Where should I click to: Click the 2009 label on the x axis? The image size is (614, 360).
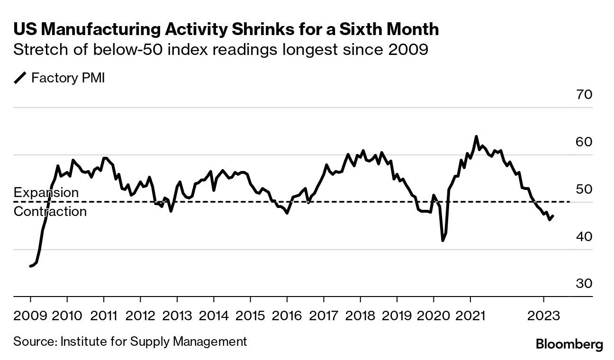point(30,315)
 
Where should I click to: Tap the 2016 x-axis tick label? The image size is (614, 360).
point(287,315)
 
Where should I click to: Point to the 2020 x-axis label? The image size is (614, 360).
point(433,315)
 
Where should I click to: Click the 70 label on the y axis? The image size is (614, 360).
point(584,95)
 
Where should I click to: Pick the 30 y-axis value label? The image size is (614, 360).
point(584,283)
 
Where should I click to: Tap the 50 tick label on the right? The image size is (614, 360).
point(584,189)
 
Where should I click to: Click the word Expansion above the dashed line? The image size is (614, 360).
point(46,193)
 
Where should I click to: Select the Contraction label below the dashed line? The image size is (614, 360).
point(50,211)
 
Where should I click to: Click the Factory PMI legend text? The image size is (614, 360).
point(68,78)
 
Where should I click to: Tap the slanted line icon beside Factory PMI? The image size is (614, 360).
point(20,78)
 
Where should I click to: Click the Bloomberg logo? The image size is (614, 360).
point(569,344)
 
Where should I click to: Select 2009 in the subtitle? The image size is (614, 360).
point(407,49)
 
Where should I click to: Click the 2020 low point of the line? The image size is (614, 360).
point(443,241)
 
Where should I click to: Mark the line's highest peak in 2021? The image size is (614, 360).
point(476,137)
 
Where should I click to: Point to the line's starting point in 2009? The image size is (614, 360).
point(30,266)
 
